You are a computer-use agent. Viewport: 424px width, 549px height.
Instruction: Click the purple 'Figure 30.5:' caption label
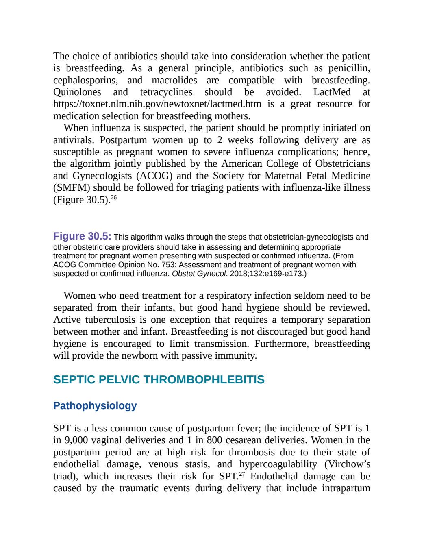click(82, 236)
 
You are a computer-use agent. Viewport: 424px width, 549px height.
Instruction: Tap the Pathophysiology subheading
click(95, 406)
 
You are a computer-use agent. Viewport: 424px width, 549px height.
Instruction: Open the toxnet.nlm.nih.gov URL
click(157, 104)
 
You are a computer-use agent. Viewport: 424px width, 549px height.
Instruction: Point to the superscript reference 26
click(114, 197)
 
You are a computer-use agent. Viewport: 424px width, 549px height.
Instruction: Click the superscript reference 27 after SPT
click(242, 474)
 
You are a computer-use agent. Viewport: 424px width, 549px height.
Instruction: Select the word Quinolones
click(77, 92)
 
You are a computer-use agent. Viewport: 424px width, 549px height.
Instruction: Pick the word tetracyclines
click(166, 92)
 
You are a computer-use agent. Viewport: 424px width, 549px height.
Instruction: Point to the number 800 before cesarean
click(215, 440)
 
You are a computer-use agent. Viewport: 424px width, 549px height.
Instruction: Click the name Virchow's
click(348, 464)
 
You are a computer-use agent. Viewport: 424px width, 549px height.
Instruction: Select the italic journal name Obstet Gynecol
click(199, 274)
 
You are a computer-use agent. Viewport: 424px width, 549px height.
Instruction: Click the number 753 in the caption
click(167, 264)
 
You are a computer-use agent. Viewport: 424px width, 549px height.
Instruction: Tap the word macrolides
click(174, 80)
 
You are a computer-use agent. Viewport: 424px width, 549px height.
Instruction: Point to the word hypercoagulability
click(278, 464)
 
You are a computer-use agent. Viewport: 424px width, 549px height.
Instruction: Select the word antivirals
click(74, 140)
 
